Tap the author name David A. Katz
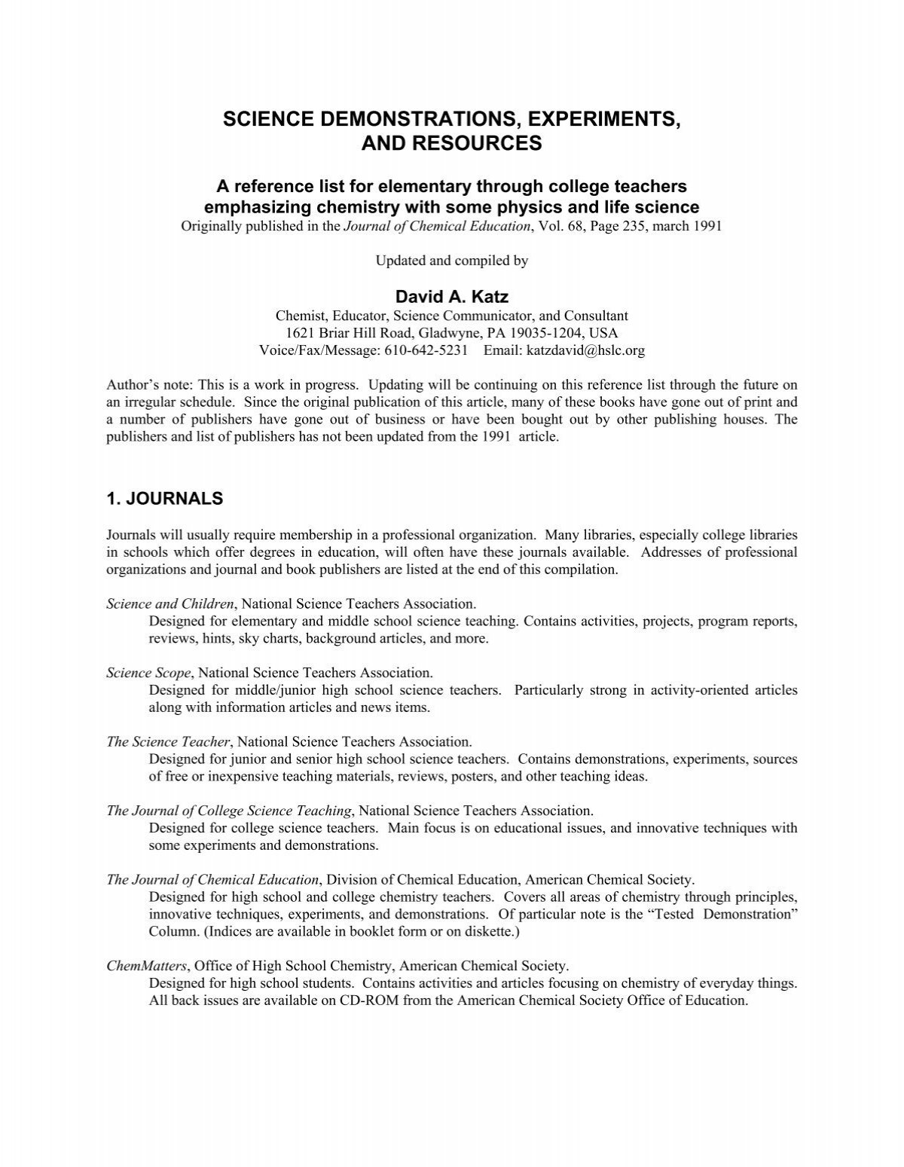pos(451,298)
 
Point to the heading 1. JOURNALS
pos(165,498)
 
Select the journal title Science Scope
pos(149,672)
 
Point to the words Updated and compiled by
pos(451,261)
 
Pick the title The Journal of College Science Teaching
pos(230,811)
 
